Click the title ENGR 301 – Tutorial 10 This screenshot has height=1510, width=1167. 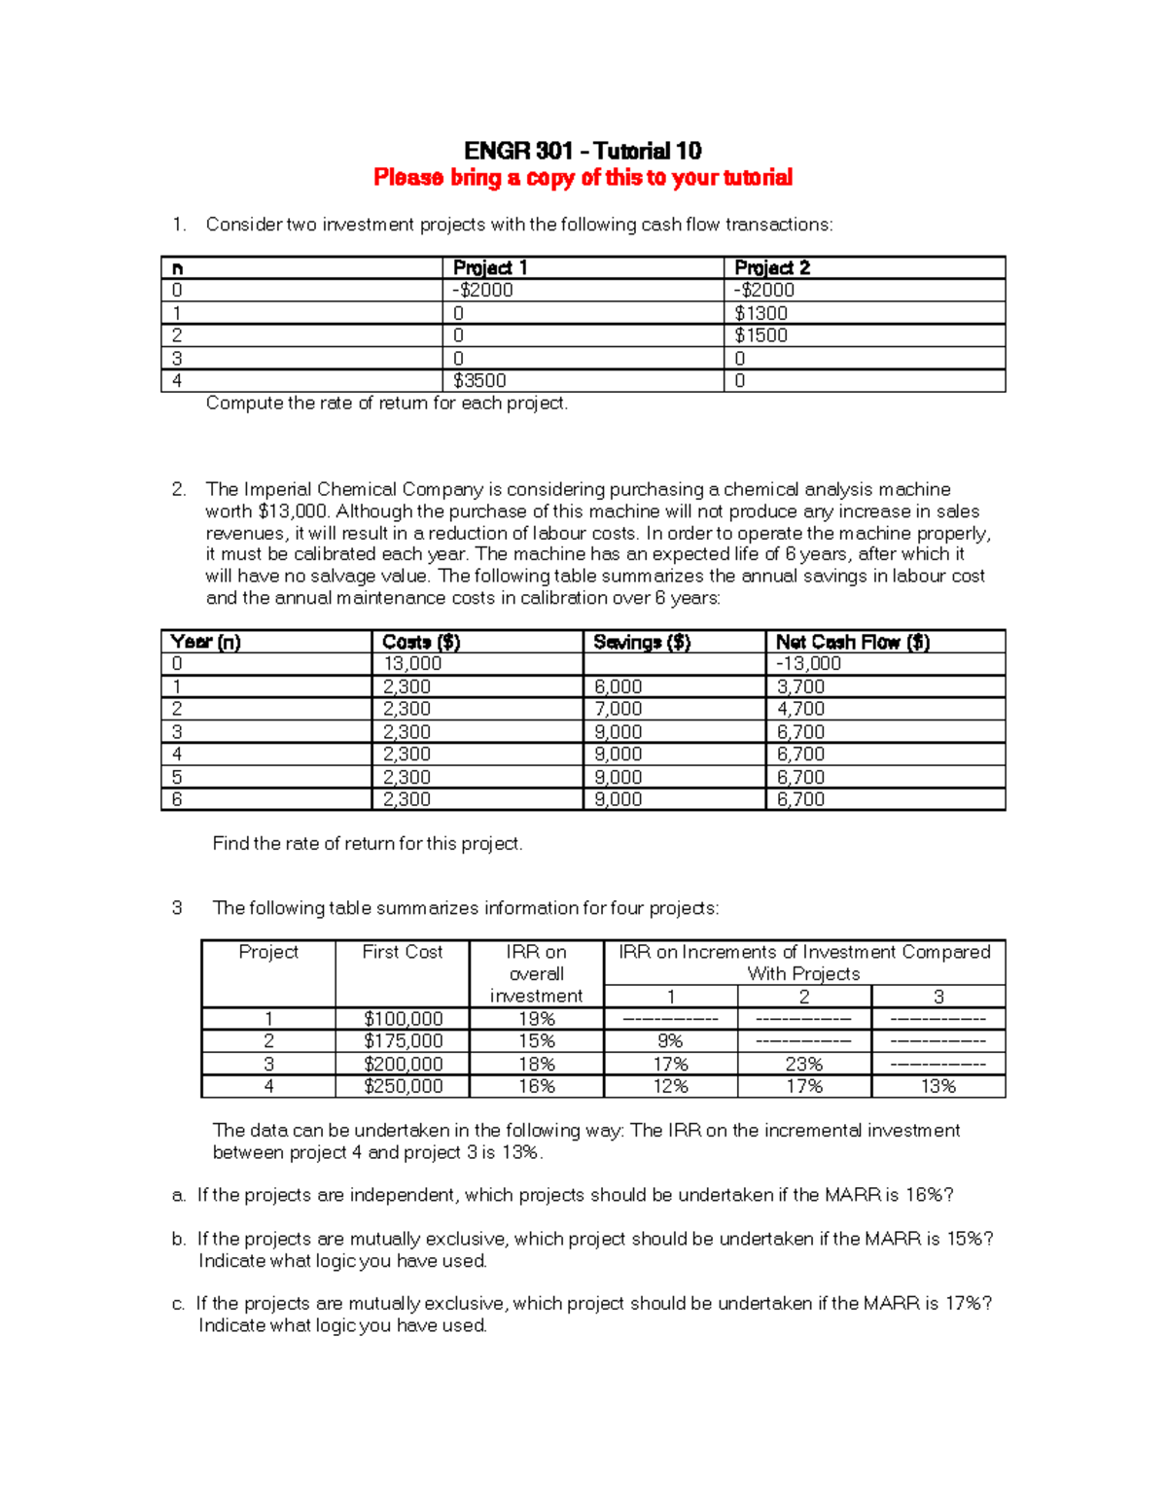click(x=583, y=151)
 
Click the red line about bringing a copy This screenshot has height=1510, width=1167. click(x=583, y=177)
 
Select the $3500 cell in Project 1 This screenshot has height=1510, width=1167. click(x=479, y=380)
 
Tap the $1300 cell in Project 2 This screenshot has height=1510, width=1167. click(x=760, y=313)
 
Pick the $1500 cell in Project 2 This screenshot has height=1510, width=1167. click(x=760, y=335)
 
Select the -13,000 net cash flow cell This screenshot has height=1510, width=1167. click(x=808, y=663)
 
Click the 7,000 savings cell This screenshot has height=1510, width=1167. click(x=618, y=709)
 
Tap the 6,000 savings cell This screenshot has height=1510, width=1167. click(x=618, y=686)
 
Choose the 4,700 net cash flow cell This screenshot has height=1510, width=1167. click(x=800, y=709)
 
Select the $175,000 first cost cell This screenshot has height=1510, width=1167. click(x=403, y=1041)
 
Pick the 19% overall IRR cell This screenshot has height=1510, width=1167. click(x=536, y=1019)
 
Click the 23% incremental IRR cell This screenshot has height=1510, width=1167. click(x=804, y=1065)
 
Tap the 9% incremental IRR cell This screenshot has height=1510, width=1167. click(x=670, y=1041)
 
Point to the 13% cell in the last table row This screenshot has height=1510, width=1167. click(x=938, y=1086)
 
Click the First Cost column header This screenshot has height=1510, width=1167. click(x=403, y=952)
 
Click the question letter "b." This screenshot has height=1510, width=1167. click(x=179, y=1239)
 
